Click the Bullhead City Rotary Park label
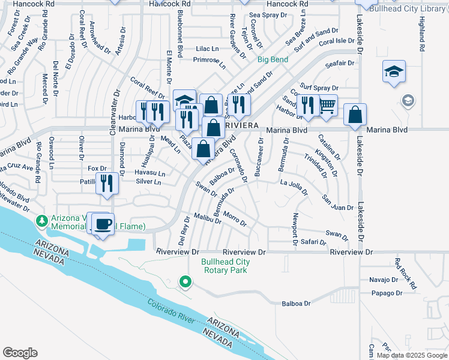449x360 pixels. [x=225, y=266]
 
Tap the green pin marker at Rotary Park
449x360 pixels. [x=185, y=281]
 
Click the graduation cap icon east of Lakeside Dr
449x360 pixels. [x=394, y=72]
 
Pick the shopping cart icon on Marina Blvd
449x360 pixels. [x=327, y=106]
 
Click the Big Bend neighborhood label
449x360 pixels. [x=273, y=59]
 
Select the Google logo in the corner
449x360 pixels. [x=20, y=353]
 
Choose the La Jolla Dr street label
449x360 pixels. [x=294, y=188]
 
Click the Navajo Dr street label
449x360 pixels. [x=384, y=280]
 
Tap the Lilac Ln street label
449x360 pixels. [x=207, y=48]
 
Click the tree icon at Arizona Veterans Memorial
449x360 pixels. [x=42, y=221]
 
